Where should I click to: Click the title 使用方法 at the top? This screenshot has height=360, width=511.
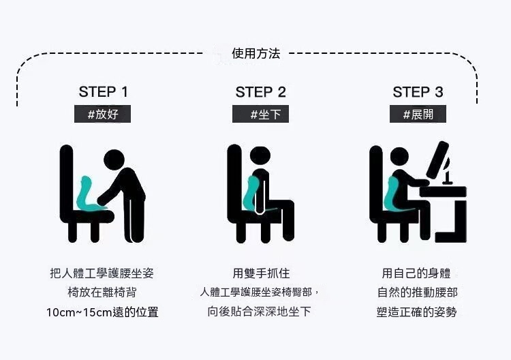pos(255,53)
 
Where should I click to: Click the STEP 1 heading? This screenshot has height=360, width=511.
pos(104,92)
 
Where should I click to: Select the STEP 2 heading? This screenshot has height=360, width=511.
pos(261,92)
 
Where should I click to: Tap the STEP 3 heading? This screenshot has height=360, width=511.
pos(418,92)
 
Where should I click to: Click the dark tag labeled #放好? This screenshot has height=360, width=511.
pos(102,114)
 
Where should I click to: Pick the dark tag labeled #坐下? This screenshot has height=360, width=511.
pos(260,114)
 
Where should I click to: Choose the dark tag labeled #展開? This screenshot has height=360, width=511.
pos(418,114)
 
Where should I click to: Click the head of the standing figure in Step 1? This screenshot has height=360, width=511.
pos(114,160)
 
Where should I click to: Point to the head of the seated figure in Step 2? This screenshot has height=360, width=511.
pos(260,155)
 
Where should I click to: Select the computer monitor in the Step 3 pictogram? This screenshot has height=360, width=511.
pos(437,160)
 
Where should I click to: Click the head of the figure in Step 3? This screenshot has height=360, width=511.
pos(399,157)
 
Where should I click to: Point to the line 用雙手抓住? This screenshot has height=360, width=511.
pos(261,273)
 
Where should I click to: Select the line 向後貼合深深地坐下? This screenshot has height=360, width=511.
pos(259,312)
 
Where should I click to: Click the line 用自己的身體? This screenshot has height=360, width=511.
pos(416,273)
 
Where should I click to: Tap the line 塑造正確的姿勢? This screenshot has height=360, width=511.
pos(416,312)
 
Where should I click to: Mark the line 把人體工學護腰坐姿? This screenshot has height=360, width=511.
pos(102,273)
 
